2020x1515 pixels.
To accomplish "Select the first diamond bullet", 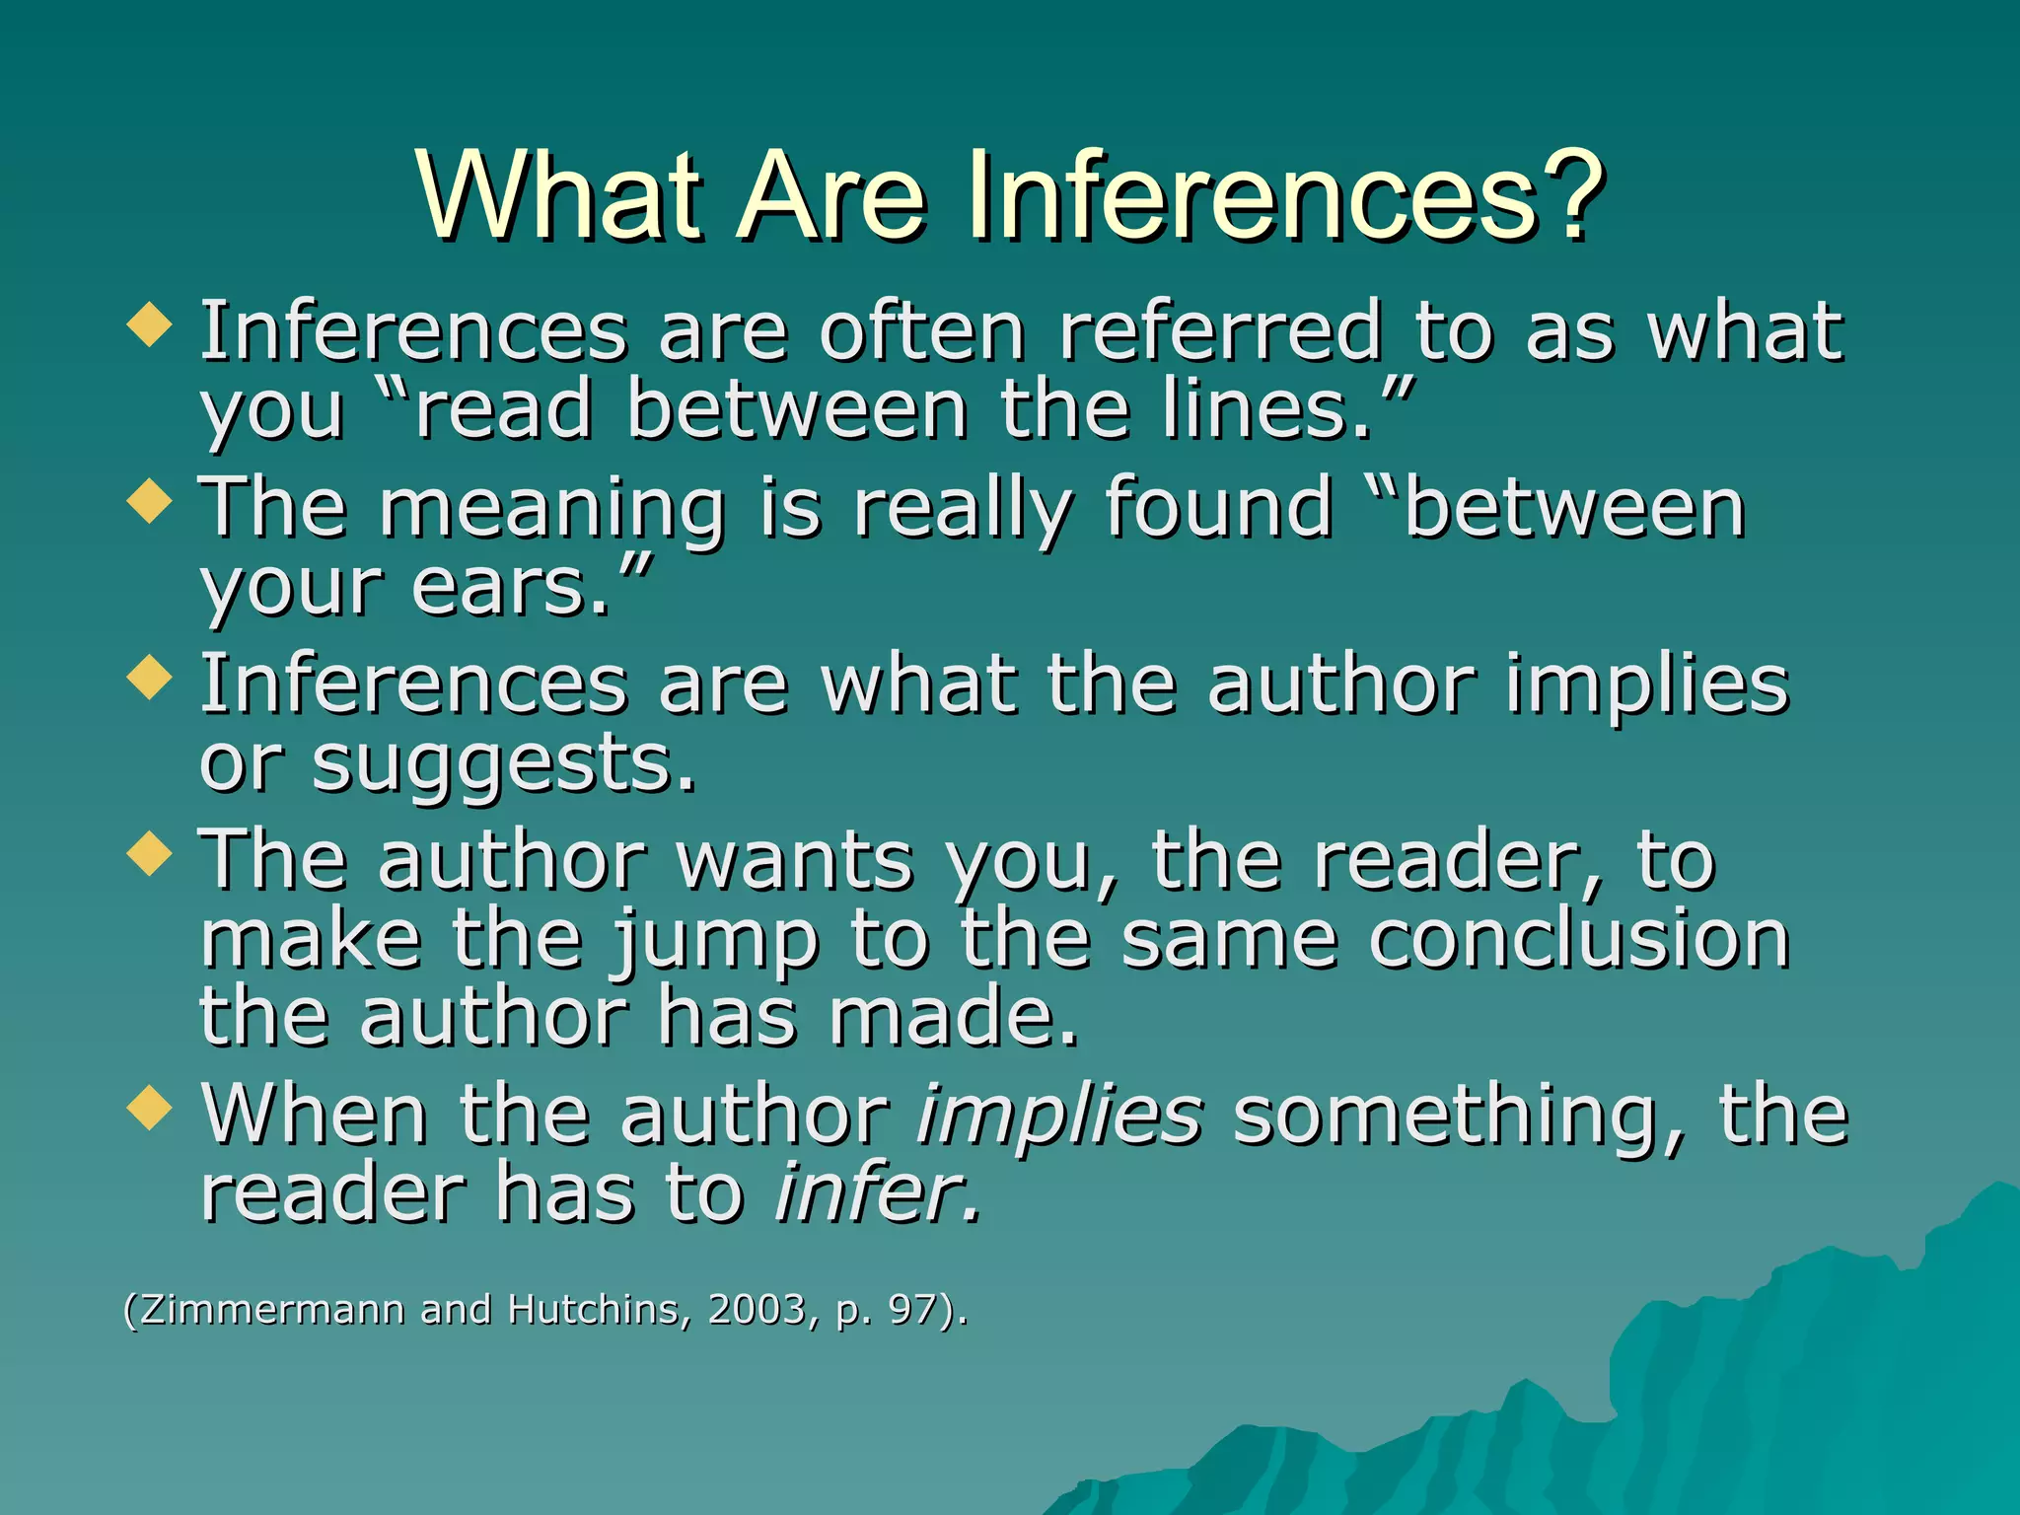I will pos(150,325).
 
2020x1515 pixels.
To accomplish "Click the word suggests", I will pos(503,767).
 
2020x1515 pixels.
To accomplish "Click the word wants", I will pos(795,862).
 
